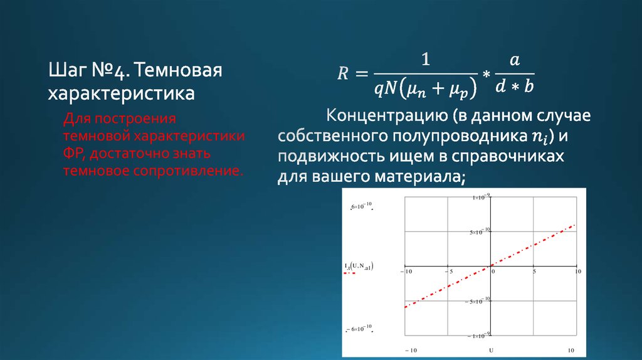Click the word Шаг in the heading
pos(65,70)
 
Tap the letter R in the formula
pos(343,74)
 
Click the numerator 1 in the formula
pos(426,60)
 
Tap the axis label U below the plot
pos(490,349)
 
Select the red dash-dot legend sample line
pos(350,274)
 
